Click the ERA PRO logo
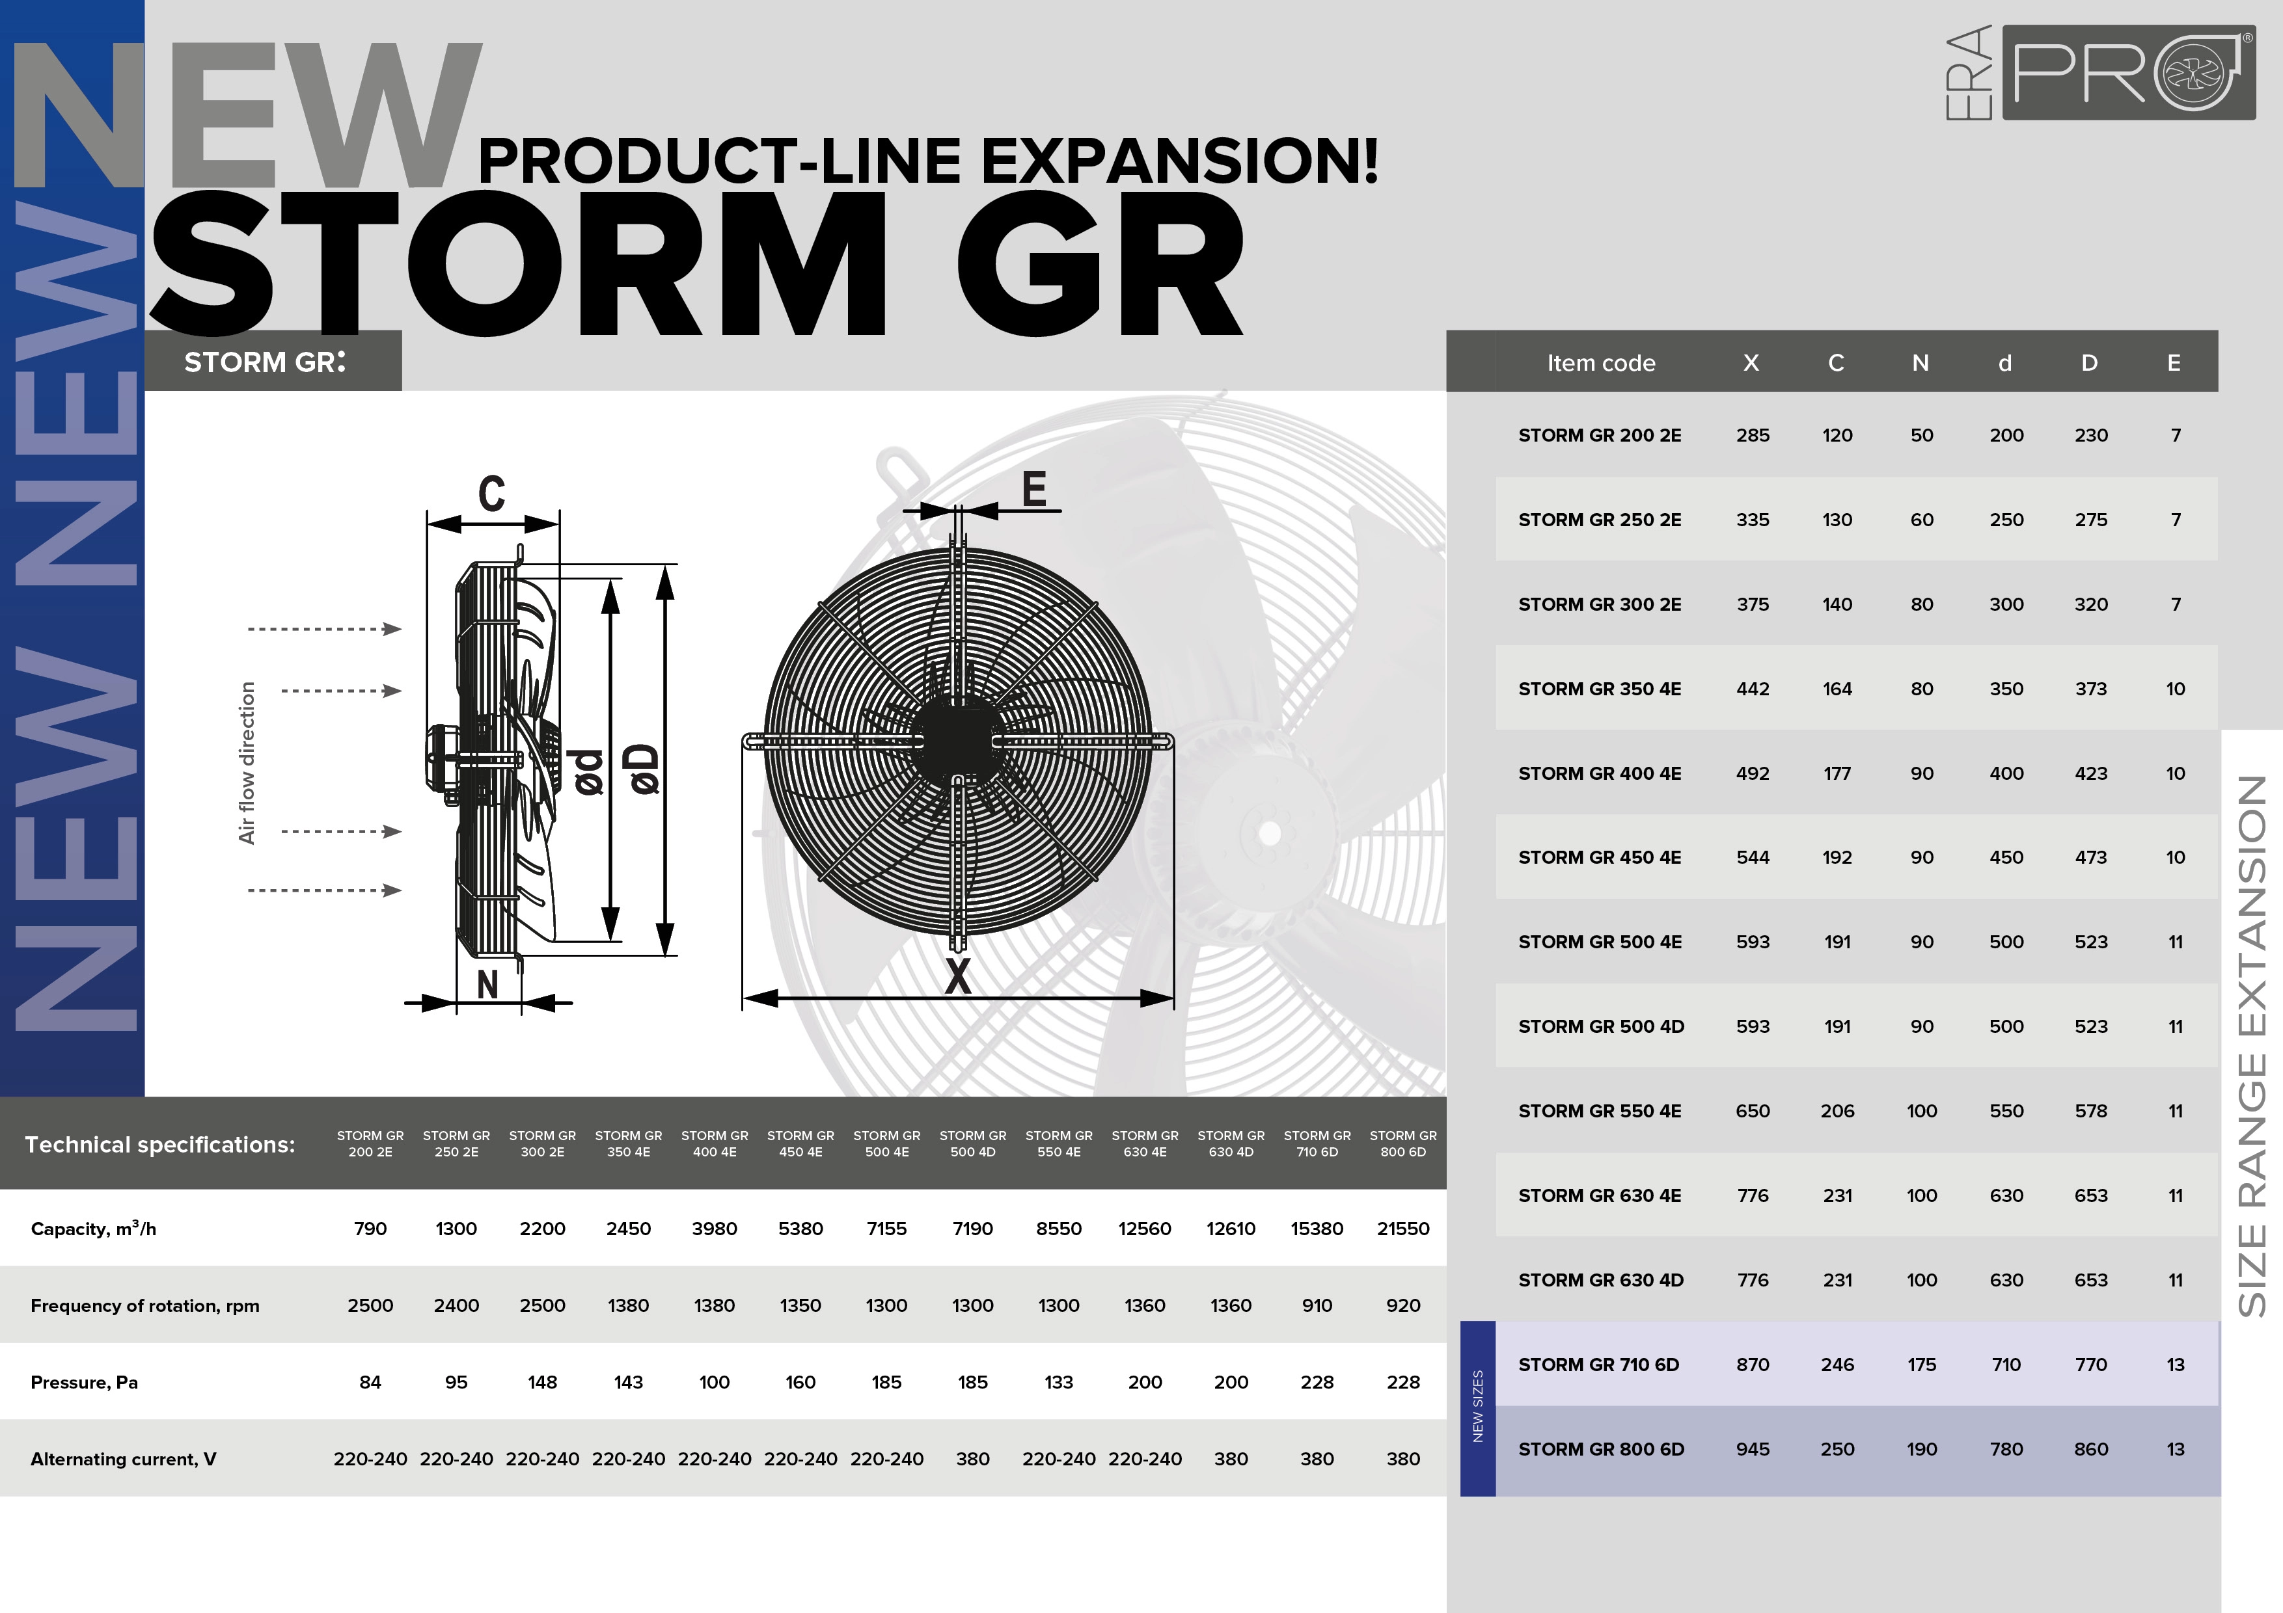(x=2099, y=73)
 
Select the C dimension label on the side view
(x=491, y=493)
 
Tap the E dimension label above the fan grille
(x=1034, y=489)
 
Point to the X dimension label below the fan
(x=957, y=976)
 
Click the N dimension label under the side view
(x=487, y=984)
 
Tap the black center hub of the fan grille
(x=957, y=740)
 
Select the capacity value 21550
(x=1403, y=1229)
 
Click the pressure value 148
(x=542, y=1381)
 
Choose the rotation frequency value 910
(x=1317, y=1305)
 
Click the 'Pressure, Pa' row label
(x=85, y=1382)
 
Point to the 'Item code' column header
(x=1601, y=363)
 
